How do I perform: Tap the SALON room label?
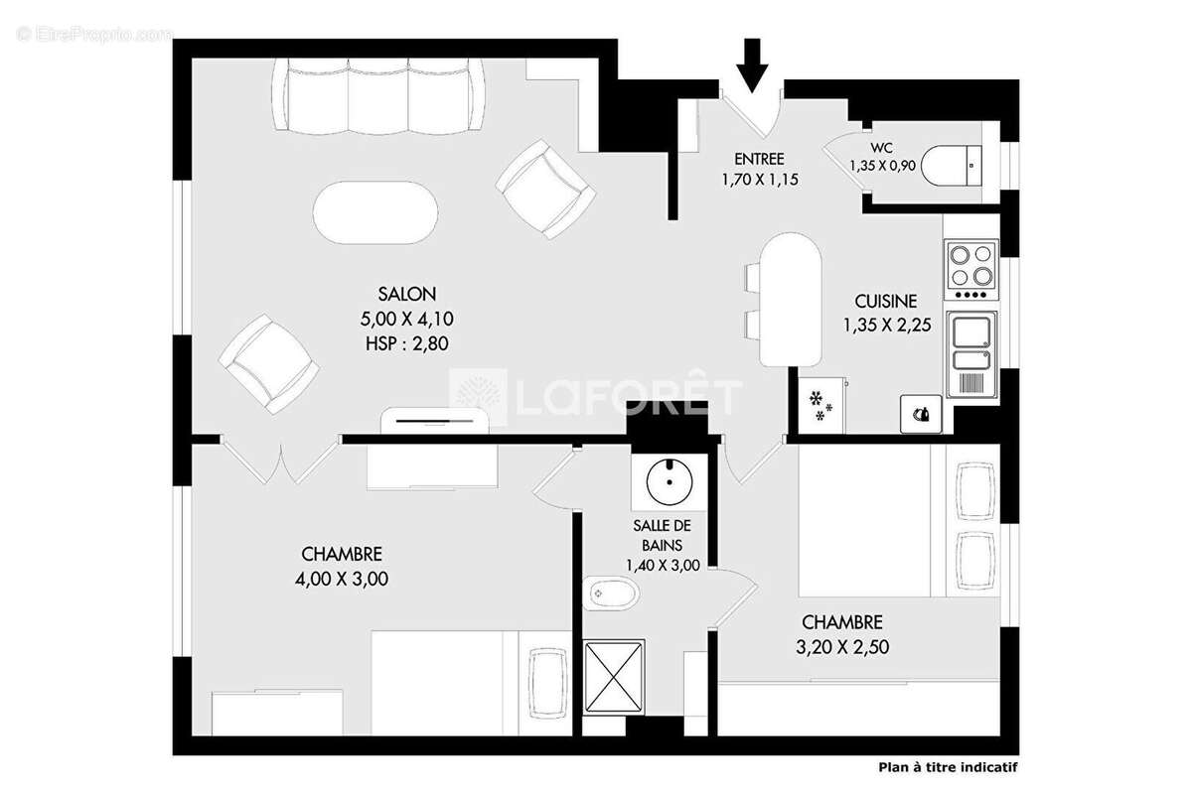pos(406,294)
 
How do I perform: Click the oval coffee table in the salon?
pos(373,210)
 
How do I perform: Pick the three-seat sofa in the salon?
pos(377,96)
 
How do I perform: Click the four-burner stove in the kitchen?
pos(970,266)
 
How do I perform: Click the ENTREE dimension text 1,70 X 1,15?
pos(760,180)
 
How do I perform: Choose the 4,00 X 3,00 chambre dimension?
pos(342,580)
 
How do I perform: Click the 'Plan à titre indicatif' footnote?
pos(948,766)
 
